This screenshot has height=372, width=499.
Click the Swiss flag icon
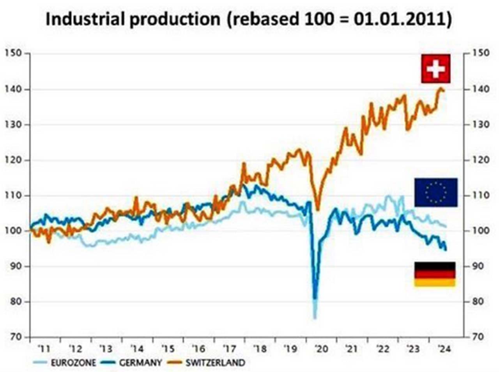(x=435, y=69)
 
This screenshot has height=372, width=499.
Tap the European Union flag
(x=435, y=192)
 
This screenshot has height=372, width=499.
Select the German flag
(x=434, y=274)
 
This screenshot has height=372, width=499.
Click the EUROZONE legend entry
(x=73, y=363)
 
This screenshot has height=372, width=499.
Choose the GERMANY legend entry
(x=140, y=363)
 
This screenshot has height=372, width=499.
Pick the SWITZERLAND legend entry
(x=215, y=363)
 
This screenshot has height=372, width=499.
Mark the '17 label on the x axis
(x=228, y=349)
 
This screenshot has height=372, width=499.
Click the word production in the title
(x=174, y=19)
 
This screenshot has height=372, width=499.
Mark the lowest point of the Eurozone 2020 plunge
(x=315, y=318)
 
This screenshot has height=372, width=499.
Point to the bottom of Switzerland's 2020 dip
(x=318, y=209)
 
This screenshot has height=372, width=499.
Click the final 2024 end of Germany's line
(x=446, y=250)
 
